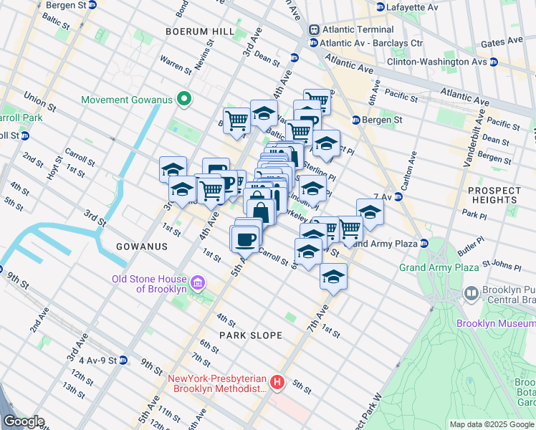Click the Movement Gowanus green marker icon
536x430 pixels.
(x=183, y=100)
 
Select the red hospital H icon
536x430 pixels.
(x=278, y=384)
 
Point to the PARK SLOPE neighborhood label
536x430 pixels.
(x=250, y=335)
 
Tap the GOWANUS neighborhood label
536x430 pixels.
(x=142, y=246)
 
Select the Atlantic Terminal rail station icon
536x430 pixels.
(x=314, y=29)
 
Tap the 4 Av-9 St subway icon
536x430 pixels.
(x=123, y=360)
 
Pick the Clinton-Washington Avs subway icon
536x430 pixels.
(x=494, y=62)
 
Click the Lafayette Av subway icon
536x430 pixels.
(x=380, y=6)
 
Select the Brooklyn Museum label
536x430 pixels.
(x=495, y=323)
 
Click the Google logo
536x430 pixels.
(x=24, y=421)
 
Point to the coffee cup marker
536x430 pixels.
(x=244, y=239)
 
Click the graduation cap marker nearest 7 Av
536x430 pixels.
(x=370, y=212)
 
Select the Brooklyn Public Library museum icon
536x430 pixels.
(x=471, y=292)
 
